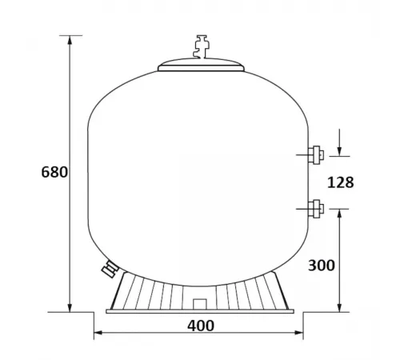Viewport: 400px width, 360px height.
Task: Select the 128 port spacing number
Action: coord(341,182)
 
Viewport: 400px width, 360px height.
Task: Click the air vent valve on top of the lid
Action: coord(194,46)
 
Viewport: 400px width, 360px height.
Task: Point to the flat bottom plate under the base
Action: coord(200,311)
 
